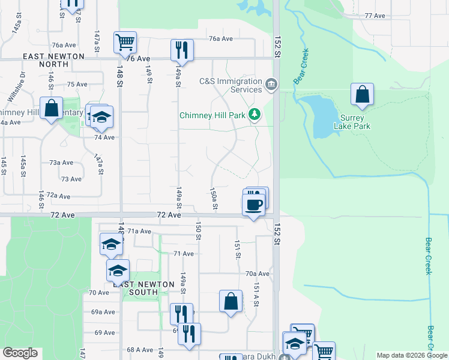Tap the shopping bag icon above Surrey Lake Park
(362, 94)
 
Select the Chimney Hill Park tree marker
(255, 114)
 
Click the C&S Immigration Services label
(231, 85)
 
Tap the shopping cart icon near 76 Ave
(125, 42)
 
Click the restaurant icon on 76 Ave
(181, 50)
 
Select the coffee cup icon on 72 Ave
(253, 205)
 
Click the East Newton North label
(53, 59)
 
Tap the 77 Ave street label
(375, 15)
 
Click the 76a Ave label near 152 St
(220, 38)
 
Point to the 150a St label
(214, 198)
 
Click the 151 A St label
(256, 295)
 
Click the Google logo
(19, 353)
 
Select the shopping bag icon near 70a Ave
(231, 301)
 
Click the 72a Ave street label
(59, 196)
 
